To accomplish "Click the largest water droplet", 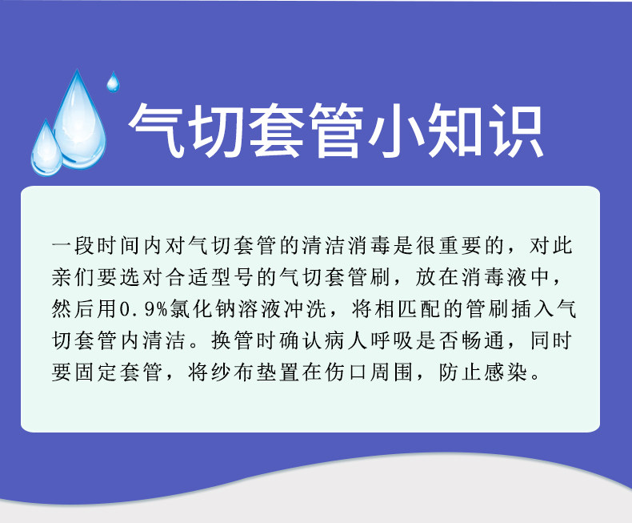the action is (79, 121).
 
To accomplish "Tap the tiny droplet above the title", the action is (113, 82).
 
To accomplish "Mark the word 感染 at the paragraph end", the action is (506, 372).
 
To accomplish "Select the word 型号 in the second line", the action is (232, 278).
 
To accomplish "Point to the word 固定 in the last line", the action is (95, 372).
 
